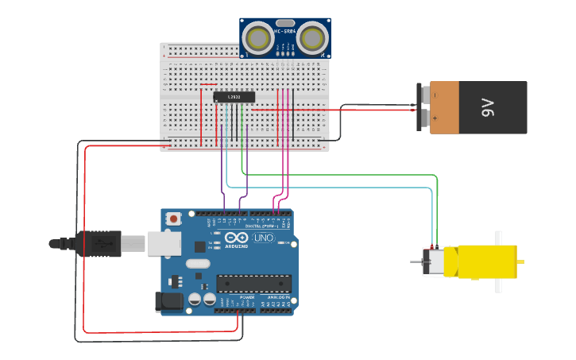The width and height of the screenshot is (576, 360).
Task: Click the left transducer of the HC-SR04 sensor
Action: coord(257,37)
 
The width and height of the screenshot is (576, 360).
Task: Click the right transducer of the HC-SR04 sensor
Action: coord(313,37)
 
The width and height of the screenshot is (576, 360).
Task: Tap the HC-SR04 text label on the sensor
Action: coord(284,31)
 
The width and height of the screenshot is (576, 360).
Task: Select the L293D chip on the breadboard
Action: coord(234,97)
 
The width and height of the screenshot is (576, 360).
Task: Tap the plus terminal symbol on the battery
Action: coord(435,118)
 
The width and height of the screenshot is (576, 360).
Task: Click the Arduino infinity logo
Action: coord(237,238)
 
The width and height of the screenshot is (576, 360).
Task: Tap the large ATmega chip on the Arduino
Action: coord(254,283)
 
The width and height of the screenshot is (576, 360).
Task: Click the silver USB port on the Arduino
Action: coord(164,243)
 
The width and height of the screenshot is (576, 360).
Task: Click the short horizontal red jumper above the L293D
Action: coord(209,85)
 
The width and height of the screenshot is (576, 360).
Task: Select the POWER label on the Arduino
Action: coord(236,296)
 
